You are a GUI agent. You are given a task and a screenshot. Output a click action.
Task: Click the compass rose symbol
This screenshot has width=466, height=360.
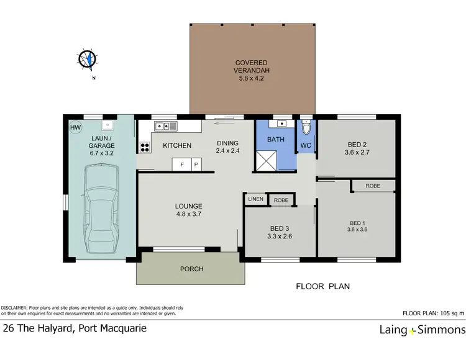pos(87,59)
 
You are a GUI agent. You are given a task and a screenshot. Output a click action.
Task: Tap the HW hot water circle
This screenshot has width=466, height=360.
pos(76,128)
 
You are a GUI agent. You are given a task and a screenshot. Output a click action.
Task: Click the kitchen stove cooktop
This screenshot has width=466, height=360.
pos(145,147)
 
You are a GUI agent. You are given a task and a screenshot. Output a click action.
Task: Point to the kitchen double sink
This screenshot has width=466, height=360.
pos(167,126)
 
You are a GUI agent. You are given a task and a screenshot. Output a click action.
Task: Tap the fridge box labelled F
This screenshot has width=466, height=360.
pos(182,165)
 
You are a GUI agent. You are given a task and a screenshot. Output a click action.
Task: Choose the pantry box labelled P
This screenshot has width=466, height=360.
pos(195,165)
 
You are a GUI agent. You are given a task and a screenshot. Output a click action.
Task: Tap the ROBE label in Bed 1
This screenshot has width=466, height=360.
pos(373,186)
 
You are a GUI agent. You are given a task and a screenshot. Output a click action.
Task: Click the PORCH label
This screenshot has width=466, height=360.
pos(192,269)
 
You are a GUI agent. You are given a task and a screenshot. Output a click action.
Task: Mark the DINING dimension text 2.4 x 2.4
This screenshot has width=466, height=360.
pos(228,151)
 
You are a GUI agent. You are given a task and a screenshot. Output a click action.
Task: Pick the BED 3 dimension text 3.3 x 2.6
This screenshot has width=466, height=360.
pos(280,236)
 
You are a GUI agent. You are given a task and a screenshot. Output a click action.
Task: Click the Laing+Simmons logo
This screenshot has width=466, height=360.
pos(422,330)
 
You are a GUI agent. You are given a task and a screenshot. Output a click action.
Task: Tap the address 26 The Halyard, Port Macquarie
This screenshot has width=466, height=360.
pos(75,328)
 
